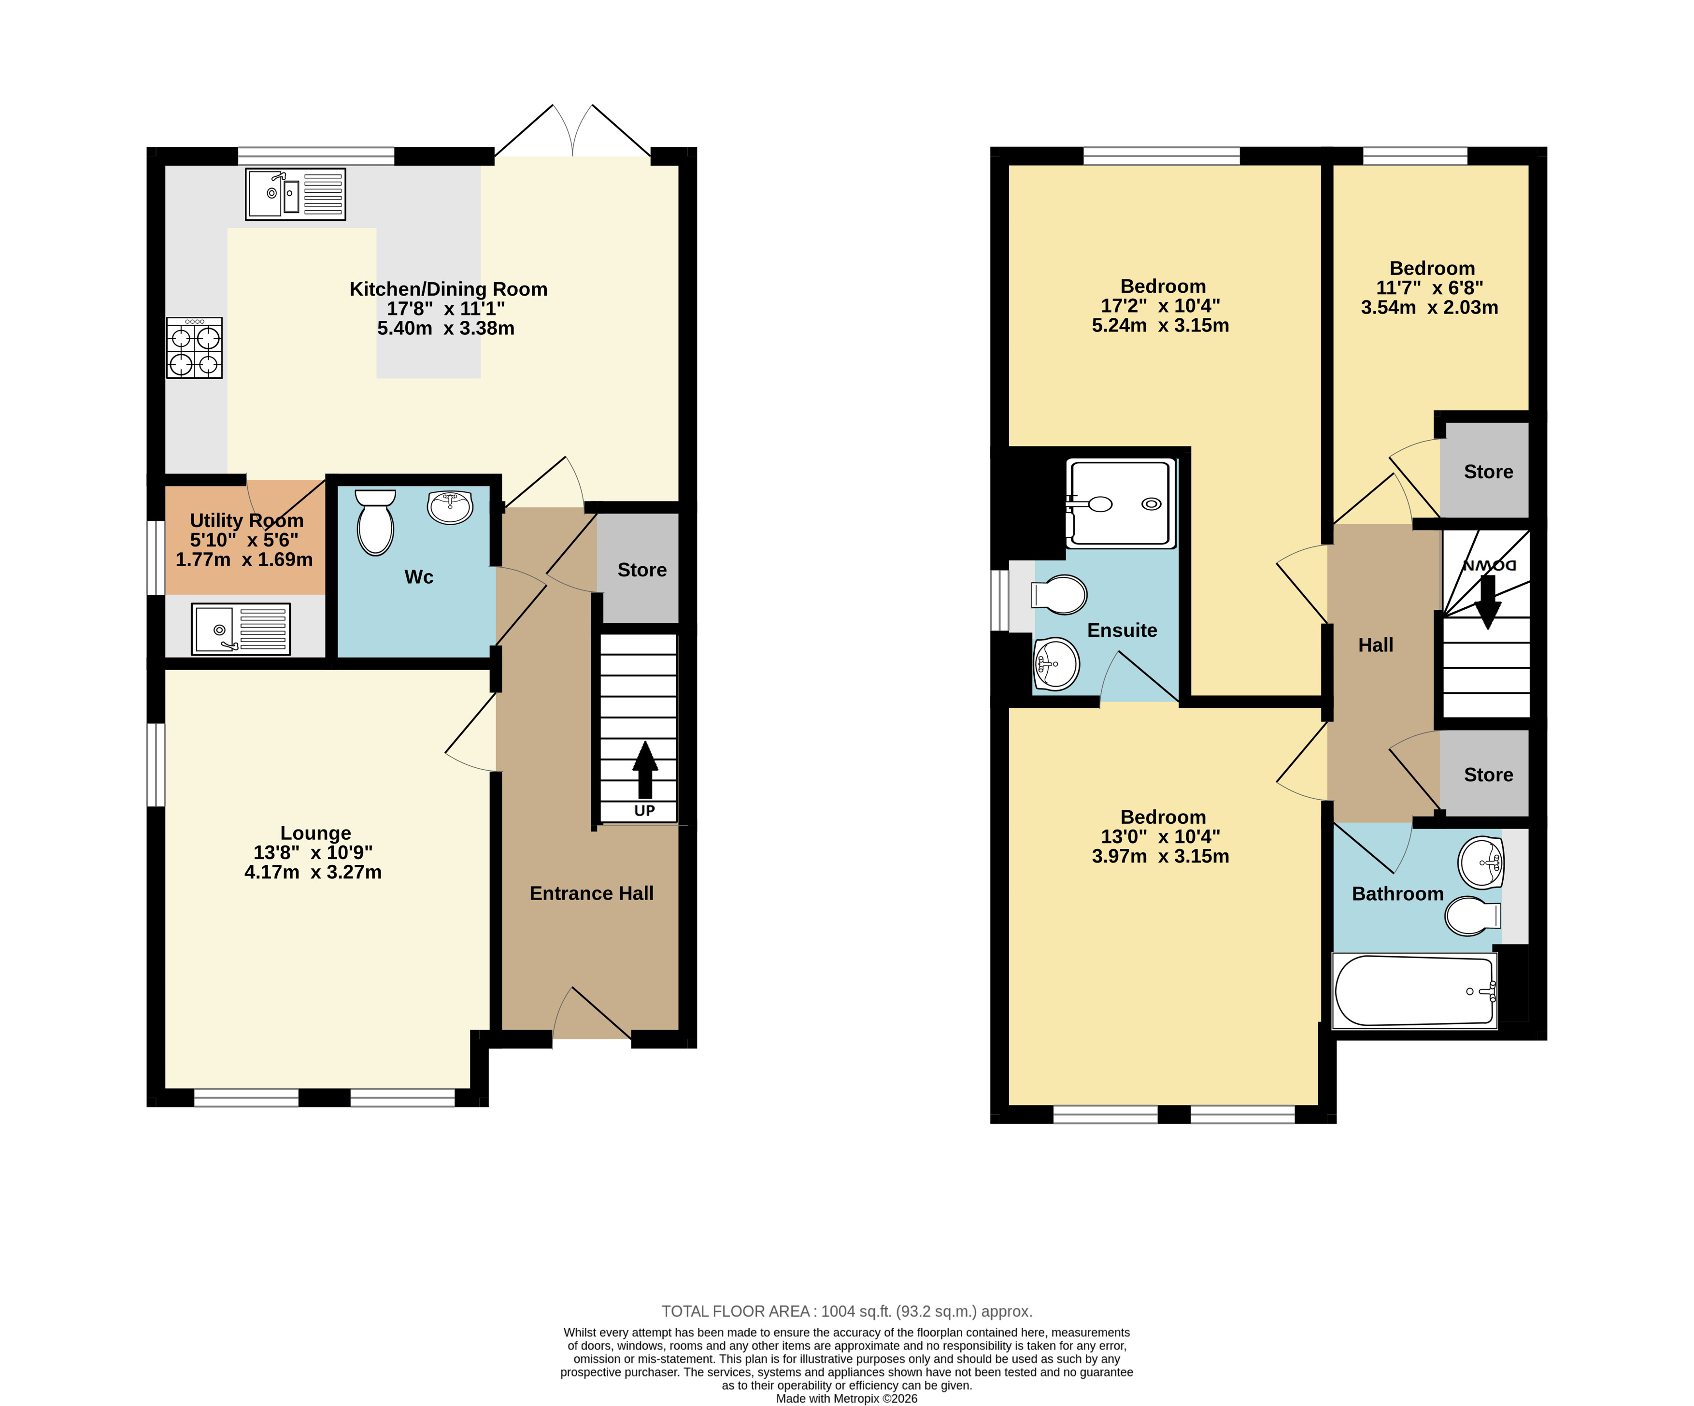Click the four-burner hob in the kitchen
pyautogui.click(x=194, y=348)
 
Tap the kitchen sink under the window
pyautogui.click(x=295, y=194)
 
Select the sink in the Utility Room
pyautogui.click(x=241, y=629)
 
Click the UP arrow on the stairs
pyautogui.click(x=644, y=770)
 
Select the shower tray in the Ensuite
pyautogui.click(x=1121, y=503)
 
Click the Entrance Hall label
pyautogui.click(x=591, y=893)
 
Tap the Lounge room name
pyautogui.click(x=315, y=832)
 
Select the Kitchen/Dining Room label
pyautogui.click(x=449, y=289)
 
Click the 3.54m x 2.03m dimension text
pyautogui.click(x=1429, y=307)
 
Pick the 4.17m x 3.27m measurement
pyautogui.click(x=313, y=872)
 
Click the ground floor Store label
pyautogui.click(x=642, y=570)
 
